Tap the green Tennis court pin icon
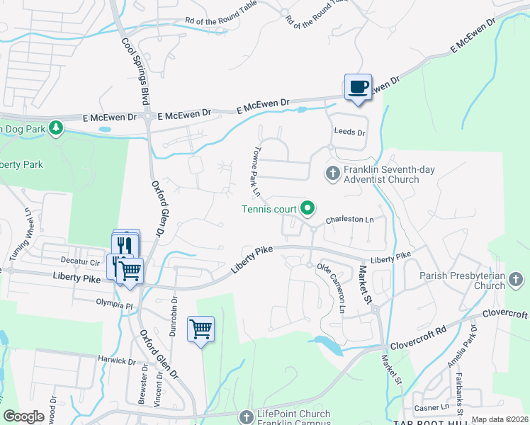(x=308, y=208)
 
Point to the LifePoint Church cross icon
(x=247, y=417)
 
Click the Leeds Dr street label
(x=349, y=132)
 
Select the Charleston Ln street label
(x=349, y=220)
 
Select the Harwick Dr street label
(x=116, y=361)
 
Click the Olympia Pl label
(x=114, y=305)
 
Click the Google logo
(x=23, y=416)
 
